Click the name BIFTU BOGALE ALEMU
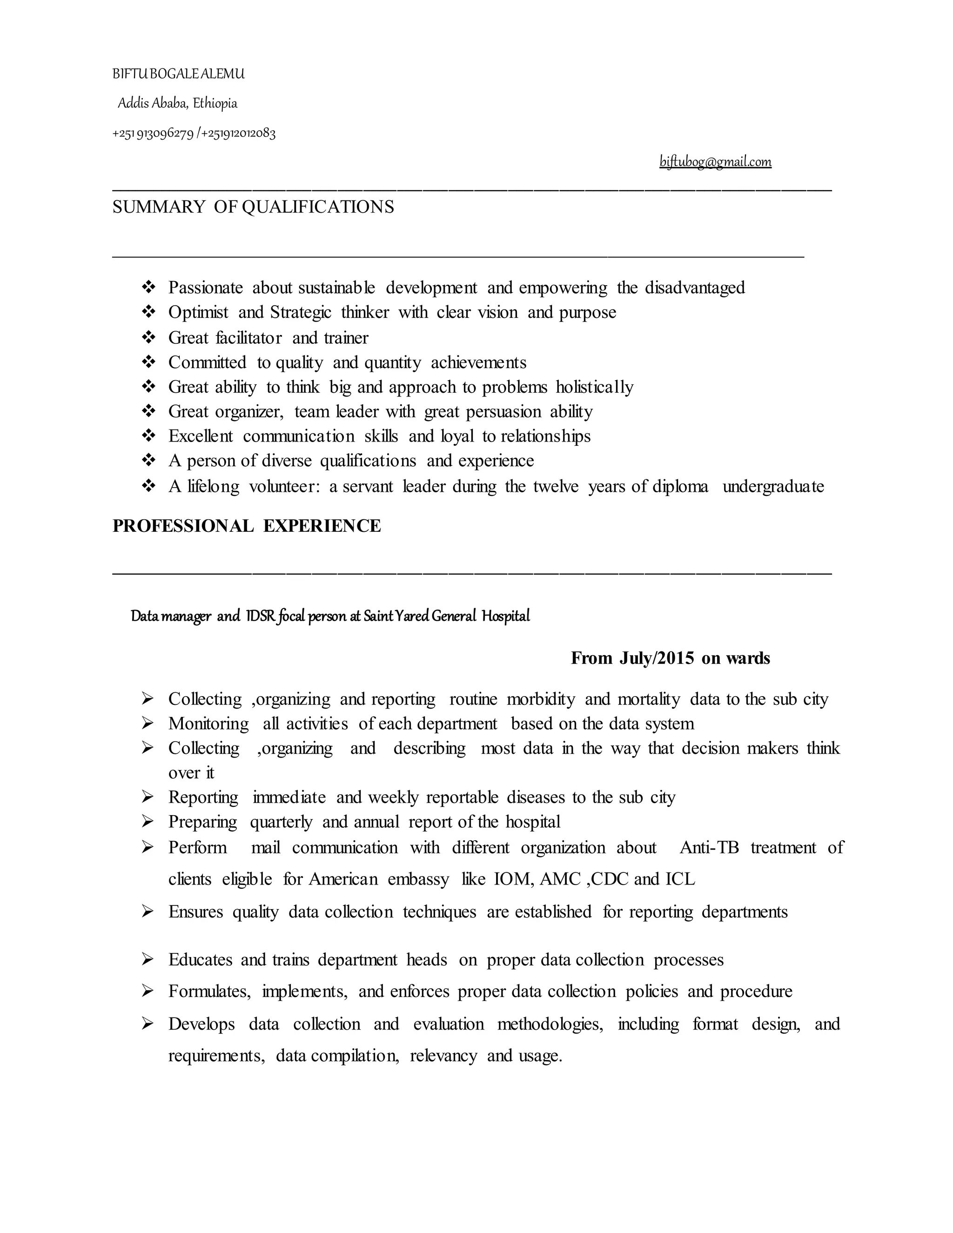tap(178, 74)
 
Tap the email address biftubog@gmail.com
tap(715, 162)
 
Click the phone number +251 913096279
tap(153, 134)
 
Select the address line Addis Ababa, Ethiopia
tap(177, 103)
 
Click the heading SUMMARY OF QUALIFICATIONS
tap(253, 207)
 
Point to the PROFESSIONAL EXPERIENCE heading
tap(246, 526)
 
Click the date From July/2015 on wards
tap(670, 658)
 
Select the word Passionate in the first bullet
tap(206, 288)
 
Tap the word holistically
tap(595, 387)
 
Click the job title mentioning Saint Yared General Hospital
tap(330, 616)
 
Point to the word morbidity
tap(540, 699)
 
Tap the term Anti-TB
tap(709, 847)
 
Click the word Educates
tap(200, 960)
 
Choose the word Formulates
tap(209, 992)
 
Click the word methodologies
tap(550, 1024)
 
